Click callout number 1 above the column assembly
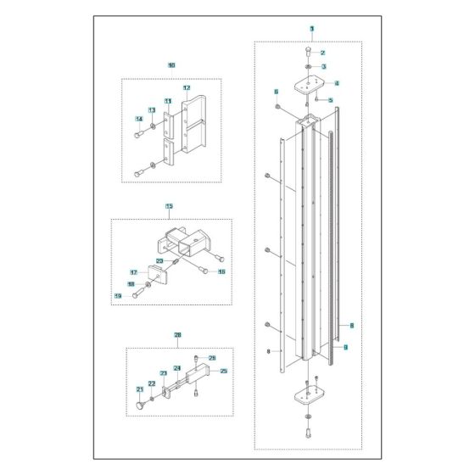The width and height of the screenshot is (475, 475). tap(311, 29)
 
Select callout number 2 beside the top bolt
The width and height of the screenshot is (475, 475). tap(322, 53)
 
